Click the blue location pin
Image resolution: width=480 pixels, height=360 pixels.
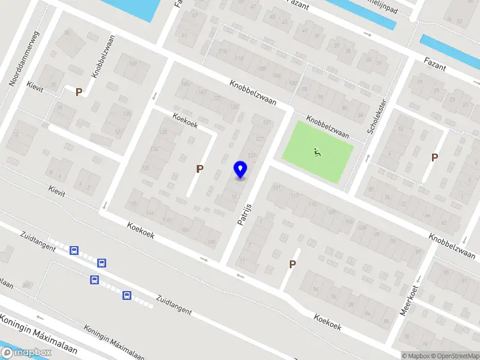click(x=241, y=170)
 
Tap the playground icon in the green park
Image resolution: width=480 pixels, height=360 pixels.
click(x=316, y=153)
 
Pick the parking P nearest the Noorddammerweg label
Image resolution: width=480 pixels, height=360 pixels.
click(x=79, y=92)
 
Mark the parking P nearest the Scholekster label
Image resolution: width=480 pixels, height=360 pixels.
click(x=434, y=157)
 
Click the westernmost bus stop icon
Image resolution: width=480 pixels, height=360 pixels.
click(x=74, y=250)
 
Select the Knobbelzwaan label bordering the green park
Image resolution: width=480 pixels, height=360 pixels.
click(x=327, y=126)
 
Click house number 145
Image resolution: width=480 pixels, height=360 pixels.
click(x=185, y=83)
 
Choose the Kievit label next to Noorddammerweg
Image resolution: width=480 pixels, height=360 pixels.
click(x=35, y=88)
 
